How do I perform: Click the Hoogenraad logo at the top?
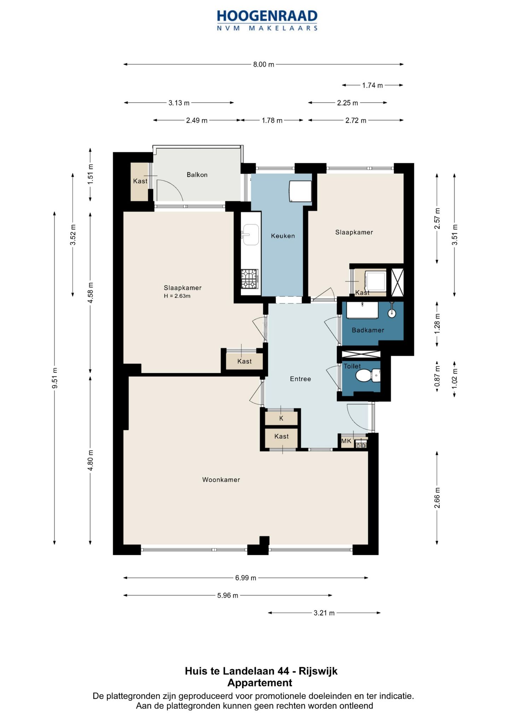point(267,21)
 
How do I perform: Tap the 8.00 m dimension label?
point(264,64)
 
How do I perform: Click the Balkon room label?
point(197,175)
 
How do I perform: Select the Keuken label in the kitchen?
point(283,236)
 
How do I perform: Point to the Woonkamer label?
point(221,480)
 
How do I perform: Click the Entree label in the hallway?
point(300,379)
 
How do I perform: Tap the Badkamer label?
point(368,330)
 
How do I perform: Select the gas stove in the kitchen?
point(250,279)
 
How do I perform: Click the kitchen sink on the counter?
point(250,234)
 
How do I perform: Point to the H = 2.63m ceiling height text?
point(177,296)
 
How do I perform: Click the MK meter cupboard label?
point(346,441)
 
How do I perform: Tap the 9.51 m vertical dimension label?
point(55,378)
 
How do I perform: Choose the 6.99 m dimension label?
point(246,578)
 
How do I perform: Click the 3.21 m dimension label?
point(324,613)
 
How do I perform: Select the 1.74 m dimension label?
point(373,85)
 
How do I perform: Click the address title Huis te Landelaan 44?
point(237,671)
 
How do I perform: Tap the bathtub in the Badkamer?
point(362,310)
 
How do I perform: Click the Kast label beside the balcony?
point(140,181)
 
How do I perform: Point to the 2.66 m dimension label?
point(437,498)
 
